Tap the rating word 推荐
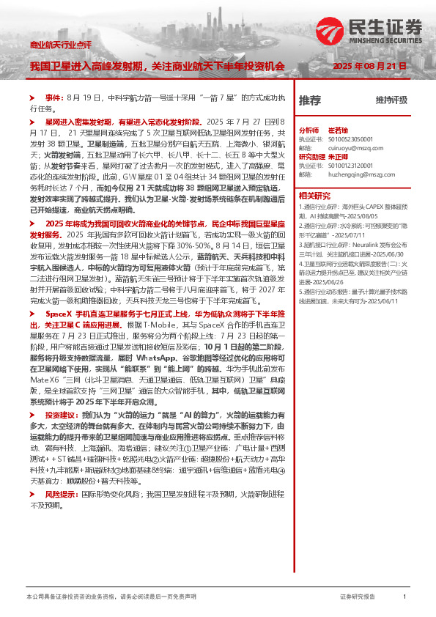(x=309, y=100)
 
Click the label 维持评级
(x=391, y=100)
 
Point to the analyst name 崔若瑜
(x=337, y=129)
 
